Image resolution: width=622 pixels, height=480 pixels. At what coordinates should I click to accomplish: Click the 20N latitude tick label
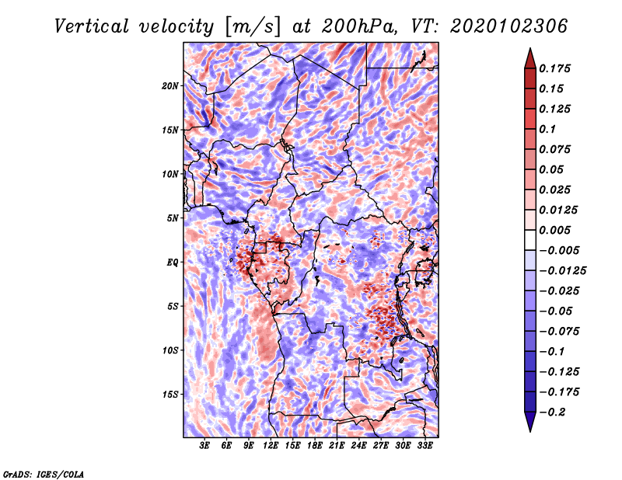(x=171, y=85)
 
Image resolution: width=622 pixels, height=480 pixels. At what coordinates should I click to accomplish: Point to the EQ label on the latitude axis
(x=173, y=263)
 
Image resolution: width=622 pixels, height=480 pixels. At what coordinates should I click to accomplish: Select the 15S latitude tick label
(x=171, y=395)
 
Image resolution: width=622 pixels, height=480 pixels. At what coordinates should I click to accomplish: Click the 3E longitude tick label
(x=205, y=447)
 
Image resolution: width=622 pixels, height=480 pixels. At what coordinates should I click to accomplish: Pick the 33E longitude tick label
(x=425, y=447)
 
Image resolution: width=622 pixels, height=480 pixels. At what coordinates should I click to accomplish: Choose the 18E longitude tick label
(x=315, y=447)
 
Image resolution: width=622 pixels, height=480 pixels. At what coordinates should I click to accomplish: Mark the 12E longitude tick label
(x=271, y=447)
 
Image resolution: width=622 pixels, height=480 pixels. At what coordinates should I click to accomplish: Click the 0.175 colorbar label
(x=556, y=69)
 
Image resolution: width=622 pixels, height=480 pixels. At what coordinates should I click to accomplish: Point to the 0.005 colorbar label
(x=556, y=231)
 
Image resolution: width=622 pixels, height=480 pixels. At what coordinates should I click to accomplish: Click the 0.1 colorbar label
(x=548, y=129)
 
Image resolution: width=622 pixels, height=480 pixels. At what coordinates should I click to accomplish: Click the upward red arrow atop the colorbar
(x=529, y=57)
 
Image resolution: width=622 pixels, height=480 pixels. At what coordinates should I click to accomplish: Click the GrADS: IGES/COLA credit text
(x=44, y=473)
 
